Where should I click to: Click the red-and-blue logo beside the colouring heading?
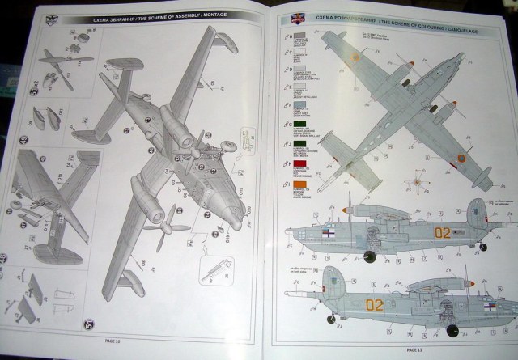coord(282,15)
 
